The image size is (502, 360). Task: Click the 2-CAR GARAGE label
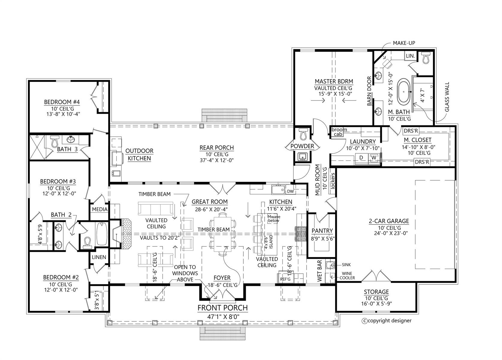coord(389,221)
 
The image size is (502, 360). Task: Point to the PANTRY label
coord(322,231)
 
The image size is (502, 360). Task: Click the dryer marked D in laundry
coord(361,157)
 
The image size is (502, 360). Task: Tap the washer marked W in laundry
coord(374,157)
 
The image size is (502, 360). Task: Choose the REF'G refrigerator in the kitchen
coord(285,279)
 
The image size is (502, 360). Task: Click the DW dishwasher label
coord(290,191)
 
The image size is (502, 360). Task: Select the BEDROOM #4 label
coord(62,102)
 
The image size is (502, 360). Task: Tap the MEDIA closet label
coord(100,209)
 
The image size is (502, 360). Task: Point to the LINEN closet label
coord(99,257)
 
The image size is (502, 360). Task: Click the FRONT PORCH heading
coord(222,308)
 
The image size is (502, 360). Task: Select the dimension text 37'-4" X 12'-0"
coord(216,160)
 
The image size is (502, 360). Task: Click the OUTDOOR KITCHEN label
coord(139,154)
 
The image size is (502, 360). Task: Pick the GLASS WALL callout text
coord(447,97)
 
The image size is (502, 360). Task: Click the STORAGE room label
coord(376,292)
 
